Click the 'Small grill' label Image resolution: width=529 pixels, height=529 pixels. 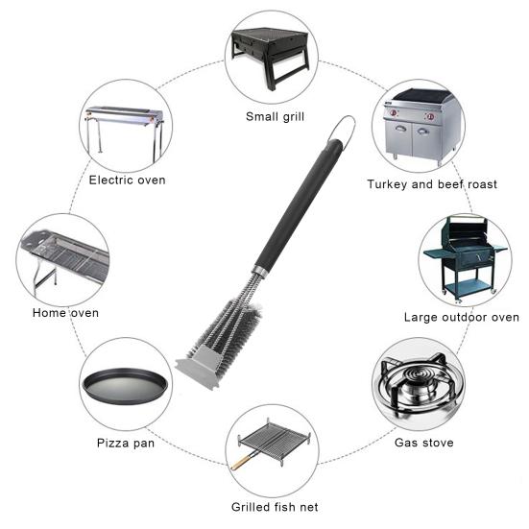click(x=275, y=117)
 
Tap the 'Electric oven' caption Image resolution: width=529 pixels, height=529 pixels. click(x=127, y=180)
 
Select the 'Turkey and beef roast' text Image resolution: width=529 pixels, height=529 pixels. click(x=432, y=184)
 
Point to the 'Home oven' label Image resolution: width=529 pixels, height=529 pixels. click(x=65, y=313)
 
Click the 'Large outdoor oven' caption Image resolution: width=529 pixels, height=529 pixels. click(x=462, y=317)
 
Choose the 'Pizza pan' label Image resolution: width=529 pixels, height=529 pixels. click(x=126, y=443)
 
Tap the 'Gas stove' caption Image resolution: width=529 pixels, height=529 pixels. click(x=424, y=443)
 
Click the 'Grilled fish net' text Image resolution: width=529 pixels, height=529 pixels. click(x=275, y=507)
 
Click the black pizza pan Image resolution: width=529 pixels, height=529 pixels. click(x=125, y=386)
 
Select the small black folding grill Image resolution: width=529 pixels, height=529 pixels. click(x=271, y=58)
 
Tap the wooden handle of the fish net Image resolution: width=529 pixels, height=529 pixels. click(x=241, y=462)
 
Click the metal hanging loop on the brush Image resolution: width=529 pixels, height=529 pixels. click(x=343, y=131)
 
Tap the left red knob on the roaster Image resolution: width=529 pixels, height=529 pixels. click(x=393, y=112)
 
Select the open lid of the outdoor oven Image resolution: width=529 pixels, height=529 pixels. click(x=465, y=229)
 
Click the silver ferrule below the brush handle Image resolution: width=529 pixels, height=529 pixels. click(x=259, y=271)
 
